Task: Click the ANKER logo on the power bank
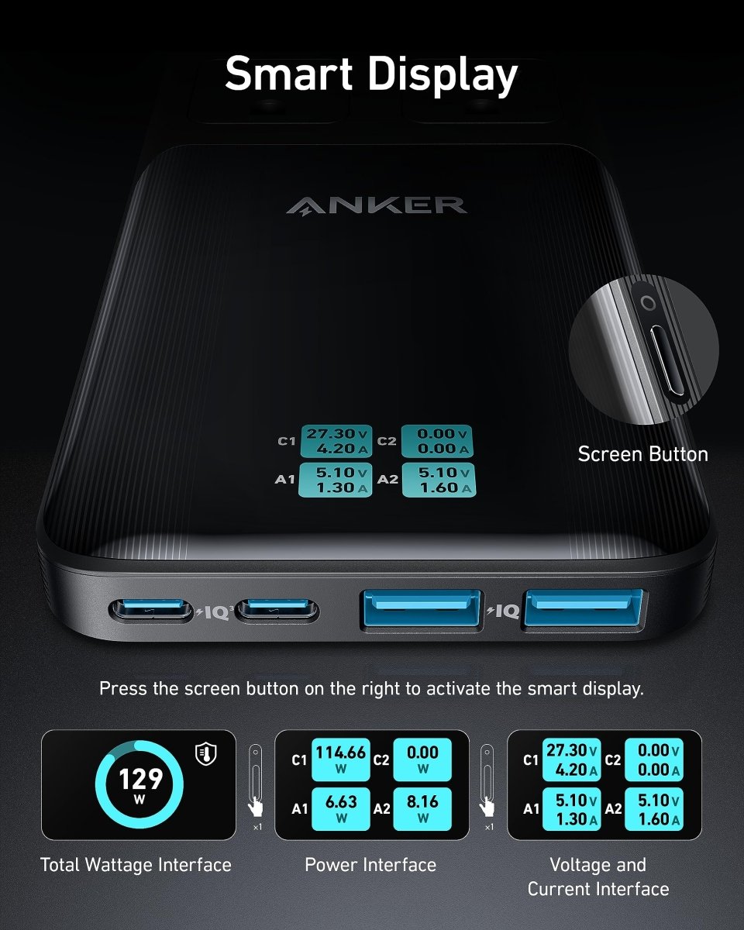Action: click(376, 205)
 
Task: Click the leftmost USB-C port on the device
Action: click(151, 611)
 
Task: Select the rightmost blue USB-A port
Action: click(583, 608)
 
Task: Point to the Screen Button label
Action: click(642, 454)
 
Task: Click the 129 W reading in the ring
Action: click(141, 783)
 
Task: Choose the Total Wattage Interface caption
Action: click(136, 865)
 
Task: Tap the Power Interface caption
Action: click(370, 865)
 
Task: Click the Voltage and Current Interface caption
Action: click(598, 877)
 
